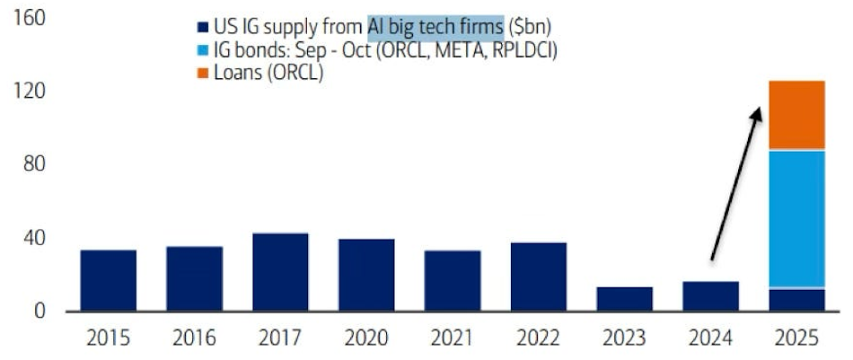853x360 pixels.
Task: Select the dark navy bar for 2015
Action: coord(108,281)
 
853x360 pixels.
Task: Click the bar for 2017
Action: coord(280,273)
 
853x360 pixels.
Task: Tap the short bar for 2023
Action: coord(624,299)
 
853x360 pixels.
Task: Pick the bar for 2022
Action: coord(538,277)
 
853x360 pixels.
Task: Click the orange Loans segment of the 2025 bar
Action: coord(796,115)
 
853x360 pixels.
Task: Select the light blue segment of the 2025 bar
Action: coord(796,219)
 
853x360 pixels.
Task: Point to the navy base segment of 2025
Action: coord(796,300)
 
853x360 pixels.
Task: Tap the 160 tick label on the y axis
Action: coord(30,18)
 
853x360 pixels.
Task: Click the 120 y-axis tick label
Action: coord(30,92)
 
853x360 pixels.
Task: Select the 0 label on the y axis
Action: coord(40,312)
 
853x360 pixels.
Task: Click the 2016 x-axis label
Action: coord(194,338)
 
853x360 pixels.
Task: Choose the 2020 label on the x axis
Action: coord(366,338)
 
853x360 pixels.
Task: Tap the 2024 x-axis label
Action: coord(710,338)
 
